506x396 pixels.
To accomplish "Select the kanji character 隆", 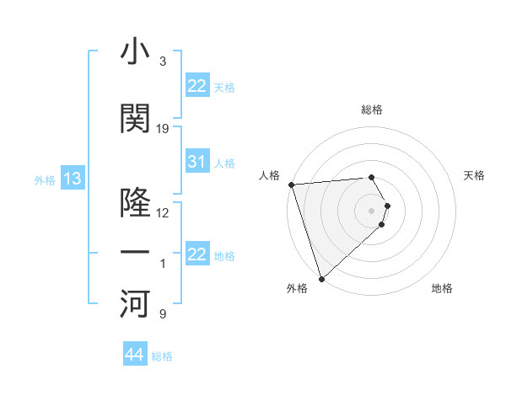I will (x=136, y=203).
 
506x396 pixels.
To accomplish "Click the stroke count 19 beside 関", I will (x=163, y=129).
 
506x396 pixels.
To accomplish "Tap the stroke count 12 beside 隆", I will (x=163, y=213).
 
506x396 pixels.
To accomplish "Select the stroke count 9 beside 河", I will (x=163, y=314).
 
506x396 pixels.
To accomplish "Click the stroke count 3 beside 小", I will (x=163, y=62).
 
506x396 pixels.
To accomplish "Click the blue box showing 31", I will (x=196, y=162).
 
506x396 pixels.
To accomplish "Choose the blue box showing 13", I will (x=72, y=179).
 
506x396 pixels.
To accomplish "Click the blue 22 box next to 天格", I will (x=196, y=86).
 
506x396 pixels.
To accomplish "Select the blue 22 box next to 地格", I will (x=196, y=254).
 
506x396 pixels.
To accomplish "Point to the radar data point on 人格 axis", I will (x=291, y=185).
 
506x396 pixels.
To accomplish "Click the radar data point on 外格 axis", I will (x=321, y=278).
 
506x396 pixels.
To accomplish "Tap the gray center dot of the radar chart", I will (x=371, y=210).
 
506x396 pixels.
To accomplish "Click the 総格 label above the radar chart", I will (x=372, y=110).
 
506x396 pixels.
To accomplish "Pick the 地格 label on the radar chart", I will (x=442, y=289).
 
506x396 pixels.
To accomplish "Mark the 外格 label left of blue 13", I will (x=44, y=179).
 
